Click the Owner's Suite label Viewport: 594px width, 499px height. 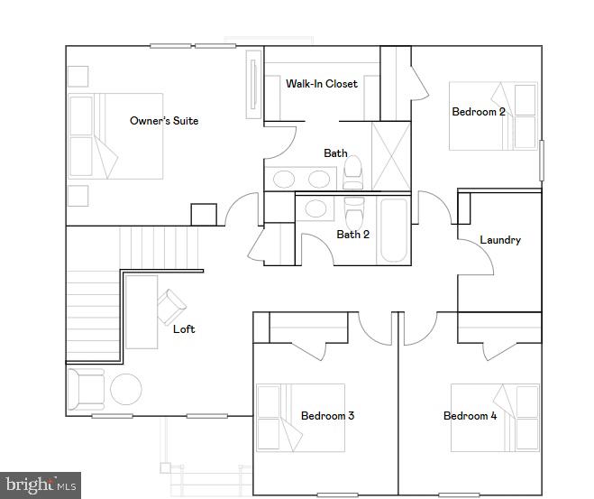tap(164, 121)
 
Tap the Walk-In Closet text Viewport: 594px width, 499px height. tap(322, 84)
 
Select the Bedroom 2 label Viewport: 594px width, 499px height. tap(478, 112)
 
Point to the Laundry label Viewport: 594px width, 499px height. tap(499, 240)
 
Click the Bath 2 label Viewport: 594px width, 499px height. tap(353, 235)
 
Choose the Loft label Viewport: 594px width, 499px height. tap(184, 329)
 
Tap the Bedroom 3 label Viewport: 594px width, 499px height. tap(327, 416)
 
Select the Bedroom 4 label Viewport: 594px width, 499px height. tap(470, 416)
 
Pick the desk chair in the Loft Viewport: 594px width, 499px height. tap(171, 307)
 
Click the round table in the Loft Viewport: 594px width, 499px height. tap(125, 390)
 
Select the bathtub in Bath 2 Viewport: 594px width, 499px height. tap(393, 229)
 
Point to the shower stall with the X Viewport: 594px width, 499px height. tap(391, 156)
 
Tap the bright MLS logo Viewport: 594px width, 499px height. tap(41, 485)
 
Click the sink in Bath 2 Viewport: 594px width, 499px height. tap(315, 209)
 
